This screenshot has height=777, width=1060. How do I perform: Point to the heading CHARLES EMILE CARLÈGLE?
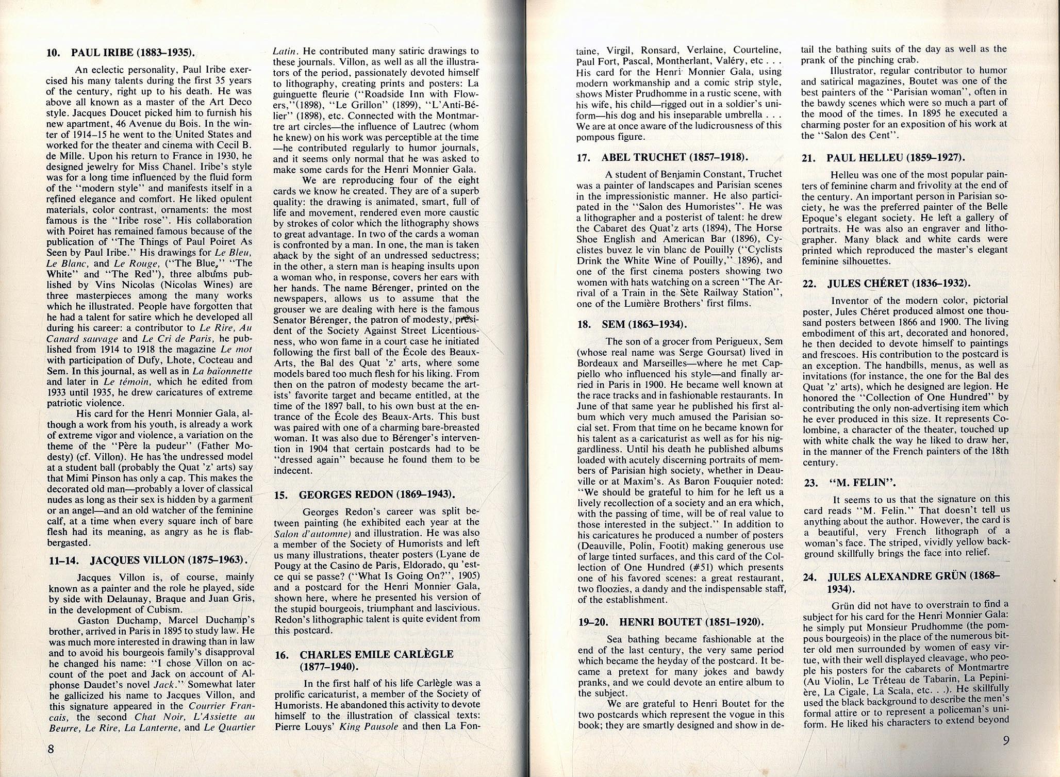(x=376, y=654)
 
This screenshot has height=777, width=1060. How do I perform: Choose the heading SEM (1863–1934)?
(x=644, y=324)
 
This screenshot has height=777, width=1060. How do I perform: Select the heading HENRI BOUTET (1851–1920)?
(x=691, y=622)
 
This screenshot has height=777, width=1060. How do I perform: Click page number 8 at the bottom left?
(x=51, y=749)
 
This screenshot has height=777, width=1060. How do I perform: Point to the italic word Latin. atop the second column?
(x=284, y=51)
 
